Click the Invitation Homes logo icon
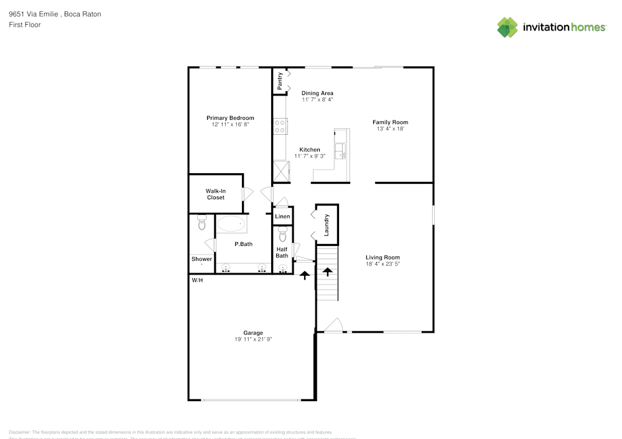tap(508, 27)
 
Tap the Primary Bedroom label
tap(230, 118)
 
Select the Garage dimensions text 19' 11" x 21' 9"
tap(253, 340)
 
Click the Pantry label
tap(280, 81)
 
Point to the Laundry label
tap(327, 225)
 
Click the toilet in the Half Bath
tap(283, 235)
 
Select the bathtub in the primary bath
tap(232, 224)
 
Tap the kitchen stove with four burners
tap(280, 127)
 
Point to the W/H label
tap(197, 281)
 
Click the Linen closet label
tap(282, 217)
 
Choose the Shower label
tap(202, 259)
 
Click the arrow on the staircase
tap(327, 271)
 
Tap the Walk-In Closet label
tap(215, 194)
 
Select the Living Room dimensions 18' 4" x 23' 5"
tap(383, 264)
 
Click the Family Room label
tap(390, 122)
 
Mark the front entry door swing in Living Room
tap(334, 325)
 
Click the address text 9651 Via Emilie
tap(34, 14)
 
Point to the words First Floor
tap(25, 25)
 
